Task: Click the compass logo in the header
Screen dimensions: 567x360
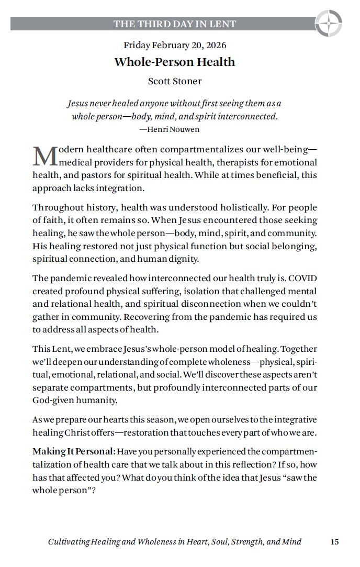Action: coord(329,24)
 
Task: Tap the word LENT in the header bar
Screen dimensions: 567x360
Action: coord(224,24)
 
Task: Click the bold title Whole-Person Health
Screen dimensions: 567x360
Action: coord(175,62)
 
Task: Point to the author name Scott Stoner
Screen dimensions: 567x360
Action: coord(175,81)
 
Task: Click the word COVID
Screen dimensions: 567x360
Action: coord(303,279)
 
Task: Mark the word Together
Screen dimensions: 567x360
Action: coord(299,349)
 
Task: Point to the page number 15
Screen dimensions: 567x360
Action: coord(334,542)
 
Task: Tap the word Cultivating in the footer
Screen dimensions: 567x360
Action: coord(69,542)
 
